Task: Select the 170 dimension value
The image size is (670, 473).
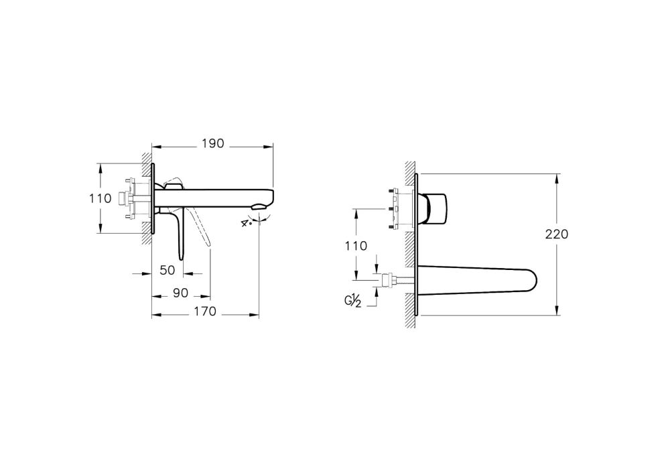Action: coord(205,311)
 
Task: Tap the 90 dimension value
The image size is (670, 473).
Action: coord(180,293)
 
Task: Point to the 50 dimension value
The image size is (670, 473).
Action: coord(167,270)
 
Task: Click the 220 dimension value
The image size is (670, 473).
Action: coord(557,234)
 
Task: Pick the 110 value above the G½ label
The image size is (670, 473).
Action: coord(356,245)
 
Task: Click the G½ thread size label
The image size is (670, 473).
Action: coord(352,301)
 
